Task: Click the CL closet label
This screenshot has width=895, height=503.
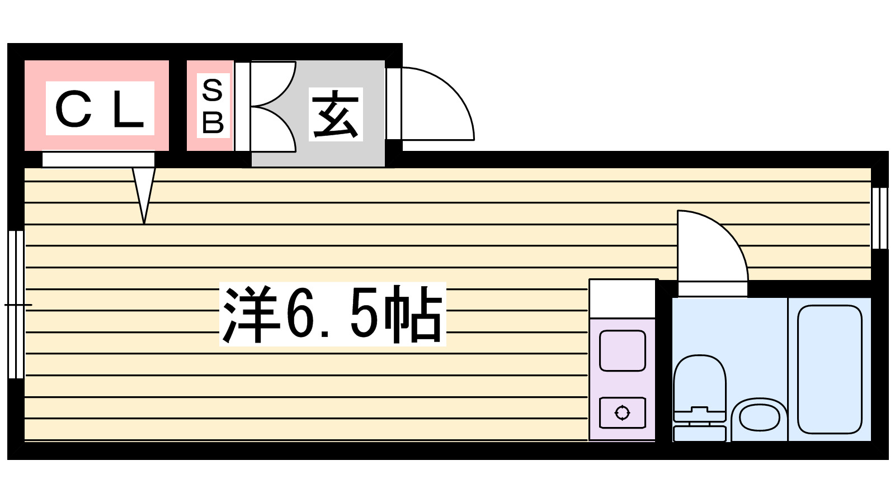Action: [100, 108]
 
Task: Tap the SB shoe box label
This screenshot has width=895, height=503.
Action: [213, 106]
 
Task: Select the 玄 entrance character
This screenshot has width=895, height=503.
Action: [336, 115]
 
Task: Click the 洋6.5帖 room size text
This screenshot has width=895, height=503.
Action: [333, 315]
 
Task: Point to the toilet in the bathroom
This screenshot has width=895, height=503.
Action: [699, 386]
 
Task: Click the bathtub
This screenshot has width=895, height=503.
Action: [830, 369]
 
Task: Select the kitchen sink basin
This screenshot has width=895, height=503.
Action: [622, 351]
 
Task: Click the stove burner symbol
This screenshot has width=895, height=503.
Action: [622, 413]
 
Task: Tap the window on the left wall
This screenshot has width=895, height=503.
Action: [16, 305]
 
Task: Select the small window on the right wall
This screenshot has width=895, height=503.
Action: [879, 218]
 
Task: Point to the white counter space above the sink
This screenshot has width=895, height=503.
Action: [622, 299]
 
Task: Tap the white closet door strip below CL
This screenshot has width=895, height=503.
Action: [98, 159]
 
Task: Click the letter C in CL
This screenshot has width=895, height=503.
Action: [73, 110]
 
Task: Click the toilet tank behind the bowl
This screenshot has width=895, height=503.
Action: [699, 434]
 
